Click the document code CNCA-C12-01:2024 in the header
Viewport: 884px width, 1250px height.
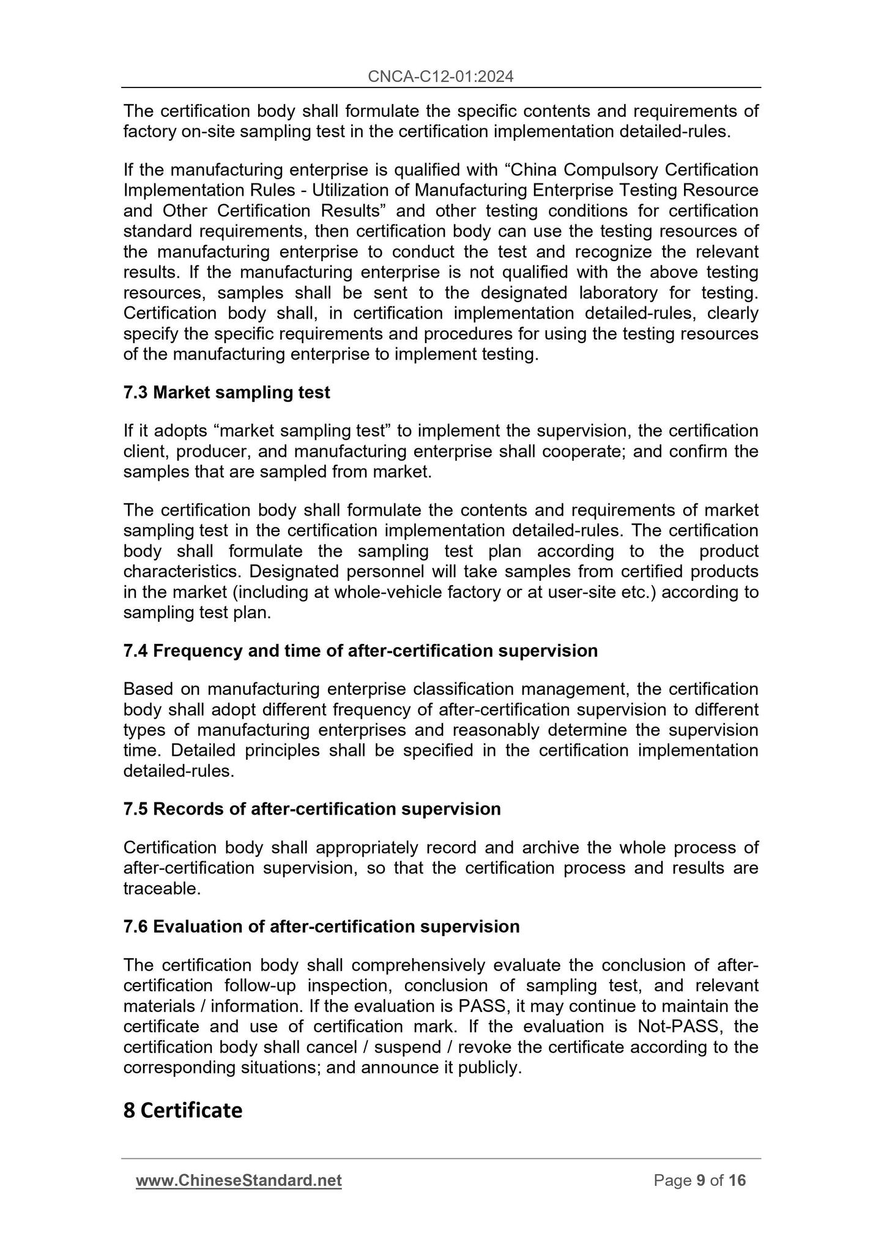pos(441,76)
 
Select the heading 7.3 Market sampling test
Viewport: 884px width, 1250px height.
pos(226,393)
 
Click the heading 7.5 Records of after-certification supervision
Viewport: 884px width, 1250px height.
pos(312,809)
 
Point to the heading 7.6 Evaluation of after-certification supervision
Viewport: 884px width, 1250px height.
pos(321,926)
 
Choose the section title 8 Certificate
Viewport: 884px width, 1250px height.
pos(183,1110)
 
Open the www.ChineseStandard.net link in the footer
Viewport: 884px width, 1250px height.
pos(239,1180)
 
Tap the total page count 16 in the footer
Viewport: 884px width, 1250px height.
pos(737,1180)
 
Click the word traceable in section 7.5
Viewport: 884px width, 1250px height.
pos(162,889)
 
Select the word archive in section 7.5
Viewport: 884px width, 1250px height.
pos(551,848)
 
